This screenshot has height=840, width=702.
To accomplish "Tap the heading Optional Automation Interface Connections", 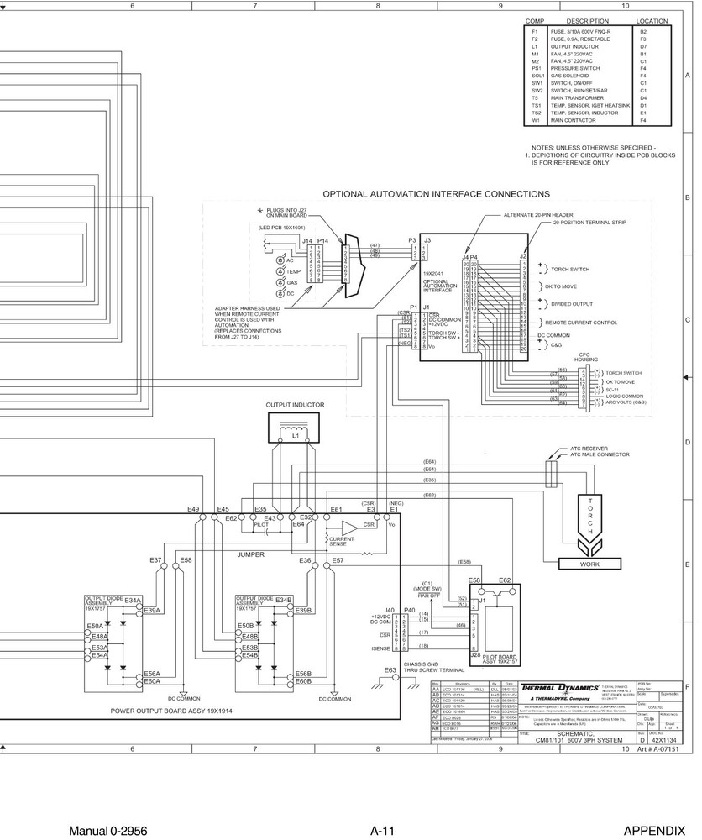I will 424,193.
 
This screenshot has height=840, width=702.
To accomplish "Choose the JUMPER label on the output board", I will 251,555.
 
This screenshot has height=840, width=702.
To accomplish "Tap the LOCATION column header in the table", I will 652,20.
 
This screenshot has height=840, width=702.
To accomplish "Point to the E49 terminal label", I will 193,509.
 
